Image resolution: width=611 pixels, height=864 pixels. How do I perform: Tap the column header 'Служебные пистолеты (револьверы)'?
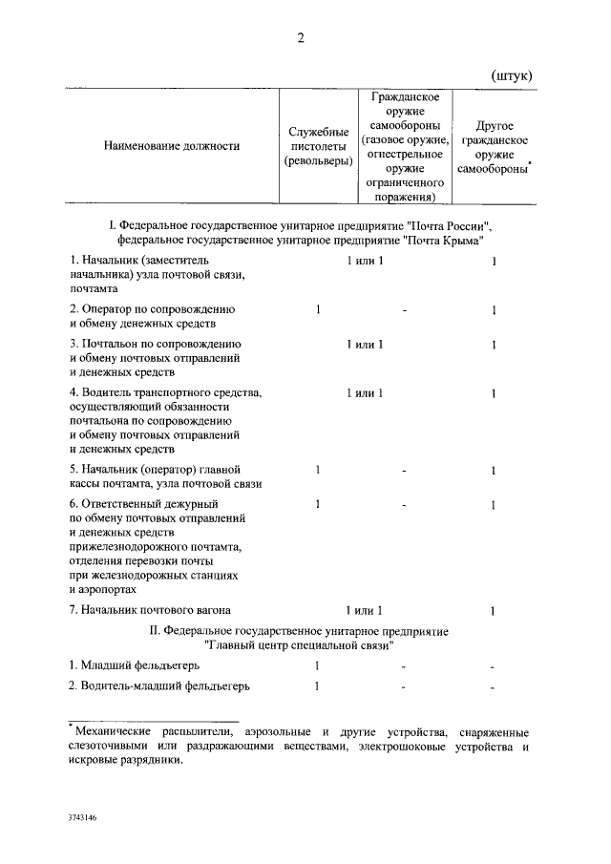[316, 146]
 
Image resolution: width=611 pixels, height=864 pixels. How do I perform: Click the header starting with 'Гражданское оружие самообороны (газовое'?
[404, 146]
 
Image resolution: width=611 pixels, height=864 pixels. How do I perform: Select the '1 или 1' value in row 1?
[366, 261]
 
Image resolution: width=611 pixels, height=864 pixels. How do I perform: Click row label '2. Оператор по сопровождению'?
[153, 309]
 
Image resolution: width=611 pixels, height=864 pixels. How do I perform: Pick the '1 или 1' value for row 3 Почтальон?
[366, 344]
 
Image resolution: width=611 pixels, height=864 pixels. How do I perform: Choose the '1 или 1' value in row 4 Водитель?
[366, 392]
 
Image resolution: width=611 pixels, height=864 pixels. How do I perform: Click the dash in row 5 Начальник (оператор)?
[405, 471]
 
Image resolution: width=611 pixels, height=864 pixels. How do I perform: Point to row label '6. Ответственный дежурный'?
[145, 503]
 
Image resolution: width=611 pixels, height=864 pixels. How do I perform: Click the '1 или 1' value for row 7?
[366, 609]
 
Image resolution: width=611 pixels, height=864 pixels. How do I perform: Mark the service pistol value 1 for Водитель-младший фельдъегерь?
[316, 686]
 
